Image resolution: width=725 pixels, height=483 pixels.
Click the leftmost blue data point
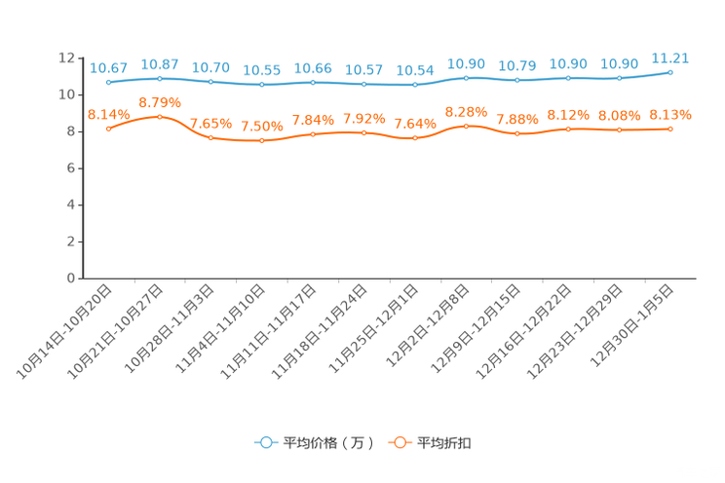pos(108,83)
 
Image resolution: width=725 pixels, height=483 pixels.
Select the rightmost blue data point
pos(670,71)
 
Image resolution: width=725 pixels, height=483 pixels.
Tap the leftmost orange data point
pos(108,129)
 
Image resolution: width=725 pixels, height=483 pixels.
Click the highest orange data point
pos(159,116)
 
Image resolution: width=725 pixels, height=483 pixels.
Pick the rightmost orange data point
pos(670,129)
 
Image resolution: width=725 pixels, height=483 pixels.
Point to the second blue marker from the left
pos(159,78)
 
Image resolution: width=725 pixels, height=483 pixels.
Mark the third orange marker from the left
pos(210,138)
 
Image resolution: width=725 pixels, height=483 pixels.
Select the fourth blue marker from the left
pos(261,85)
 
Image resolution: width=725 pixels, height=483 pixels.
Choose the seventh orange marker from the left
pos(415,138)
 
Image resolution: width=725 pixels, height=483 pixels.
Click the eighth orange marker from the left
pos(466,126)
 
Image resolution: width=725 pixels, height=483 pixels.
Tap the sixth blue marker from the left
pos(363,85)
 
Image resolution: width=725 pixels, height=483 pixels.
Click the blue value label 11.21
pos(670,57)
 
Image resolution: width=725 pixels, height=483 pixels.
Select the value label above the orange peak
pos(159,102)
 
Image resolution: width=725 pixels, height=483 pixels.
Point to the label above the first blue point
pos(108,68)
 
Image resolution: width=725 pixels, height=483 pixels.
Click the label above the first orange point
pos(108,114)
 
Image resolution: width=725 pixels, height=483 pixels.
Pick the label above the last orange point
pos(670,114)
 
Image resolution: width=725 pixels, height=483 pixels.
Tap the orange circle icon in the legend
pos(398,442)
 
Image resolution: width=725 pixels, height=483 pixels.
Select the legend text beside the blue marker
pos(327,443)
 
